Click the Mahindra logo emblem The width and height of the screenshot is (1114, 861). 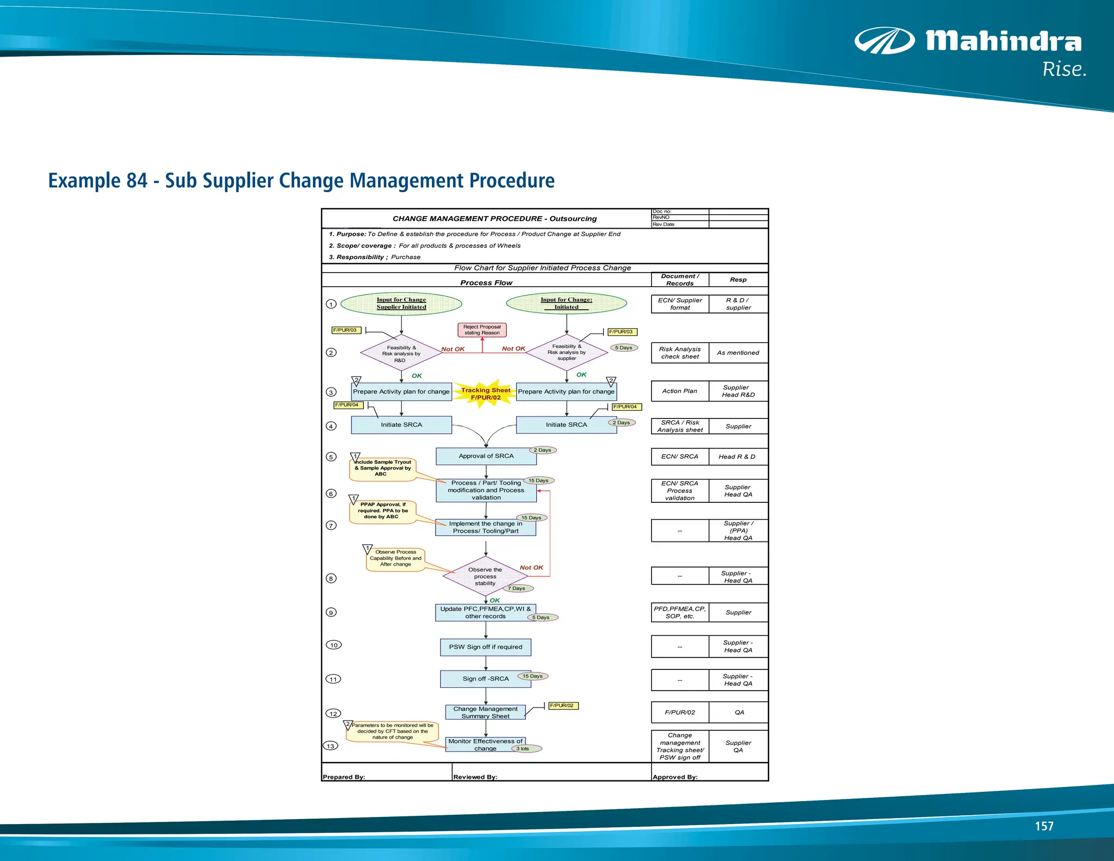click(x=884, y=41)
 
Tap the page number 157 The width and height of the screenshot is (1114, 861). click(x=1043, y=826)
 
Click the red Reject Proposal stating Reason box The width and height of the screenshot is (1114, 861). click(x=482, y=330)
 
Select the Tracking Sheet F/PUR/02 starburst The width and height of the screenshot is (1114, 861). click(x=485, y=393)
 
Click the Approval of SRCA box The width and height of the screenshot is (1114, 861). click(x=486, y=456)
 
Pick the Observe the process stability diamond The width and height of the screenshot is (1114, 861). click(x=485, y=576)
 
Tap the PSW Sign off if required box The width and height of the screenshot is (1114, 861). click(x=485, y=647)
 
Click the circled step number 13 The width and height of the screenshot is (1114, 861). click(x=330, y=746)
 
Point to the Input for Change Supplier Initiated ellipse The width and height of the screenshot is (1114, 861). click(x=401, y=304)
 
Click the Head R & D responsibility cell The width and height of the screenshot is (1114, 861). click(x=738, y=457)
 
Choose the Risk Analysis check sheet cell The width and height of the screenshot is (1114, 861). click(x=680, y=353)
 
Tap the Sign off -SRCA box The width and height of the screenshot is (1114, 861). click(x=485, y=679)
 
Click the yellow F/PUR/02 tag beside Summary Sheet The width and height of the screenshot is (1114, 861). click(x=562, y=706)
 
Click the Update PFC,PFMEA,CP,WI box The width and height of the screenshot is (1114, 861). click(x=485, y=613)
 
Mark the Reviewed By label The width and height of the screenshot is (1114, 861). click(x=475, y=777)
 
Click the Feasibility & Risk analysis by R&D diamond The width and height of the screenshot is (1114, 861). click(x=401, y=354)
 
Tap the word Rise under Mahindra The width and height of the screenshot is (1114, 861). click(x=1063, y=70)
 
